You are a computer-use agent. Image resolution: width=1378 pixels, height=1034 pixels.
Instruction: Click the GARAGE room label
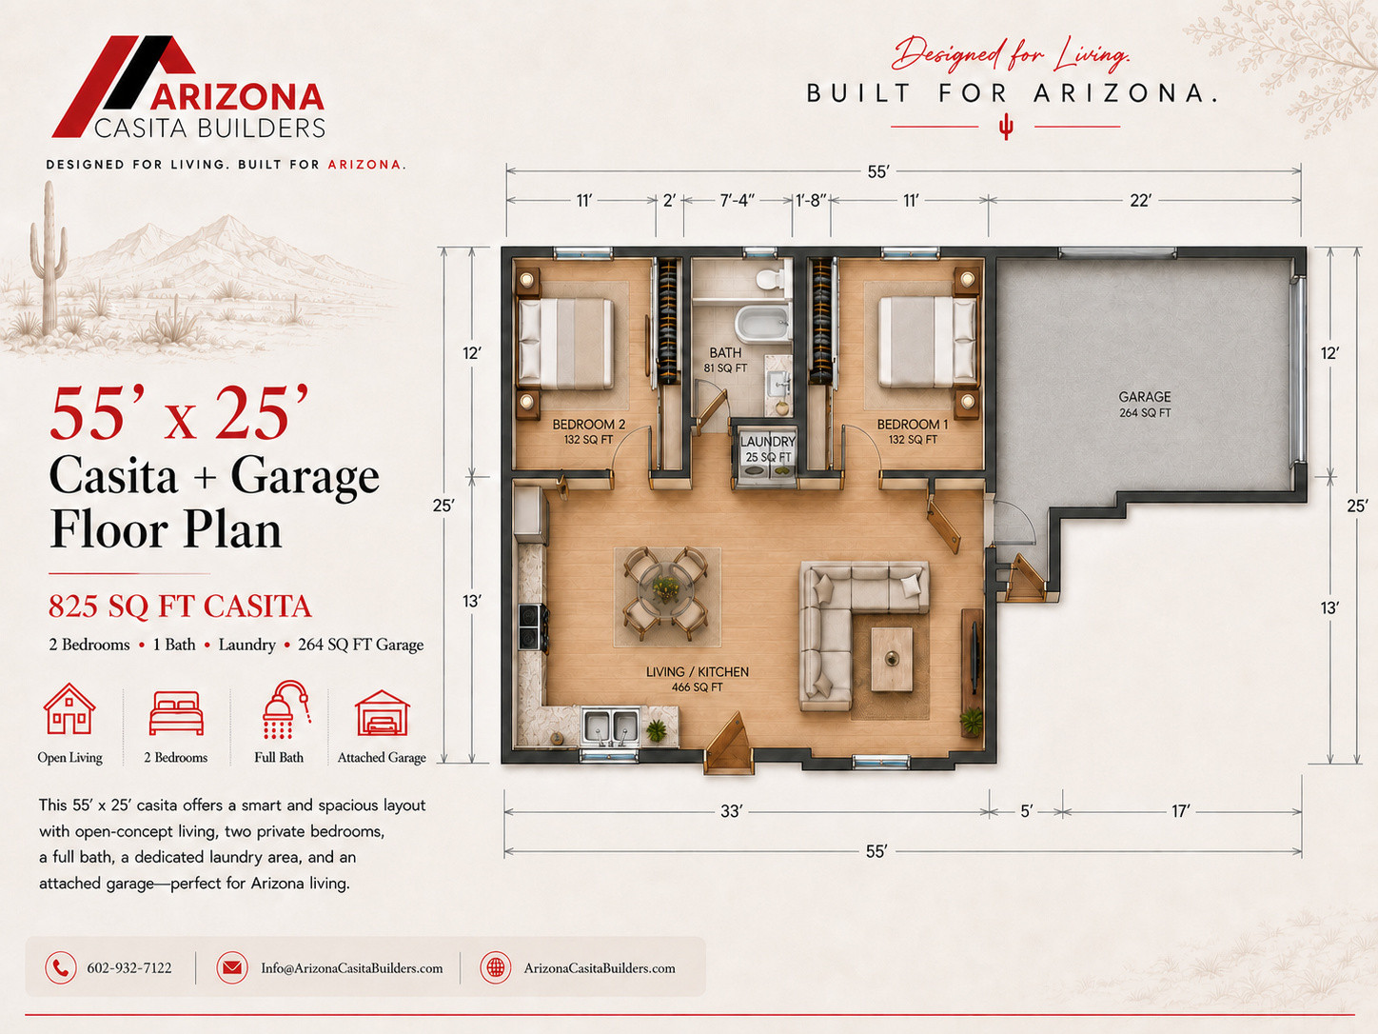point(1145,397)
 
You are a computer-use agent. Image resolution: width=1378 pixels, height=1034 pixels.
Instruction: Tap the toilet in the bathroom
point(770,278)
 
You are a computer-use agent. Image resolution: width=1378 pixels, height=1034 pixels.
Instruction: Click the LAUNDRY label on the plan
point(767,442)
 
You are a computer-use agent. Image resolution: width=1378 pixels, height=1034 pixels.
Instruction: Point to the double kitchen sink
point(610,726)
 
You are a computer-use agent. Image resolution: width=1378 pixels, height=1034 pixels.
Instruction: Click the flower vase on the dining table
point(665,588)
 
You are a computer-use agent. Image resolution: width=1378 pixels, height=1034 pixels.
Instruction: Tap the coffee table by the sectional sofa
point(892,659)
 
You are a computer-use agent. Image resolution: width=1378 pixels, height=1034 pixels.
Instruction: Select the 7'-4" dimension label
point(737,200)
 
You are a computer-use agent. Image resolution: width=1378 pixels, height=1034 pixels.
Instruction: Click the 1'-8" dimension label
point(811,200)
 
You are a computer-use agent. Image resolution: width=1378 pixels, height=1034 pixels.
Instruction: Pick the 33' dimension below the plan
point(731,811)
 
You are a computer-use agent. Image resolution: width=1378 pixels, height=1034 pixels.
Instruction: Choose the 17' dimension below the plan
point(1180,811)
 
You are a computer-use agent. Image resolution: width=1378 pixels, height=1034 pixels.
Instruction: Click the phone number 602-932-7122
point(129,968)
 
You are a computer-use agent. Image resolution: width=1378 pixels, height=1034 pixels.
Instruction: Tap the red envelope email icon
point(231,967)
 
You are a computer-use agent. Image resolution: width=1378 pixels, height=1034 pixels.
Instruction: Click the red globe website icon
point(495,967)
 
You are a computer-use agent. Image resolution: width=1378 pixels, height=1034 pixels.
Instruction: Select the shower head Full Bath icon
point(285,710)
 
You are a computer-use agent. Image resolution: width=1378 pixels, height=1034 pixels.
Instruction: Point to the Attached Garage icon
point(383,712)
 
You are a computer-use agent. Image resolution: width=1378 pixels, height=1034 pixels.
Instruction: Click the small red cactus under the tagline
point(1006,127)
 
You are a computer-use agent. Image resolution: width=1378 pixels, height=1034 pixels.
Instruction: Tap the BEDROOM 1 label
point(913,425)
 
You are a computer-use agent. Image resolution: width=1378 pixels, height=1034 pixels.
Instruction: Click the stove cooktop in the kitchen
point(531,626)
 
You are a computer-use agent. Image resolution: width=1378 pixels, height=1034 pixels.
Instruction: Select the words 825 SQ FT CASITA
point(180,606)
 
